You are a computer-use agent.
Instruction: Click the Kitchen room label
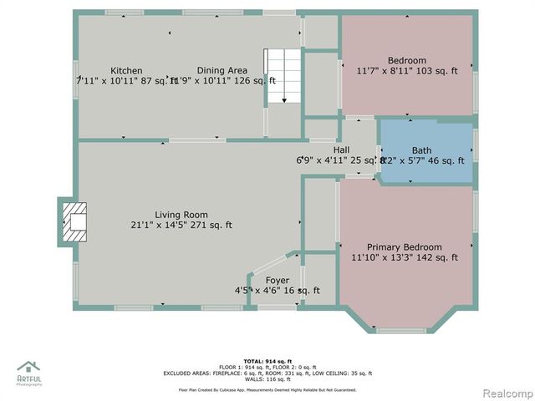click(126, 70)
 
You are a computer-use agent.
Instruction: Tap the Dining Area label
click(222, 70)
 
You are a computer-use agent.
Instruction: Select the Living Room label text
click(181, 215)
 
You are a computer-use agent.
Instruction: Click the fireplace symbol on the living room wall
click(74, 221)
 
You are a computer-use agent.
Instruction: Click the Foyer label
click(278, 280)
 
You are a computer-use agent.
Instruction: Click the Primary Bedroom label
click(405, 247)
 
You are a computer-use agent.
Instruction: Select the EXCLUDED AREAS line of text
click(267, 373)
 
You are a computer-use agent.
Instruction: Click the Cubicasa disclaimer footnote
click(267, 389)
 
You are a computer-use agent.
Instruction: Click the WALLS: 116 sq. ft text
click(267, 379)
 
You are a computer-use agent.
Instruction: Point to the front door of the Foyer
click(277, 307)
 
